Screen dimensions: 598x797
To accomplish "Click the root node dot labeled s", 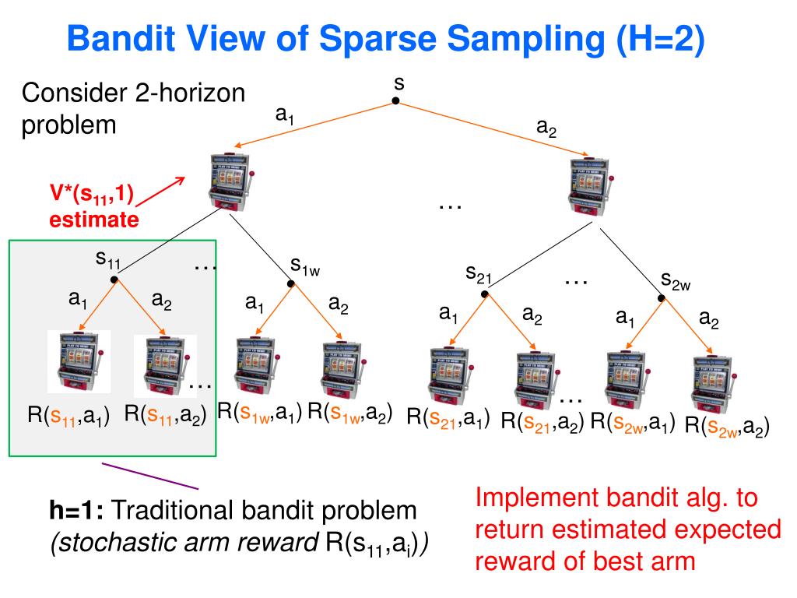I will [x=395, y=101].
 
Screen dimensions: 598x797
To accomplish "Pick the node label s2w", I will [x=675, y=280].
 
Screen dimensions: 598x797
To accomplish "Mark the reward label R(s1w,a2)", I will [x=349, y=413].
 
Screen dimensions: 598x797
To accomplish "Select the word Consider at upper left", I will [x=65, y=94].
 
